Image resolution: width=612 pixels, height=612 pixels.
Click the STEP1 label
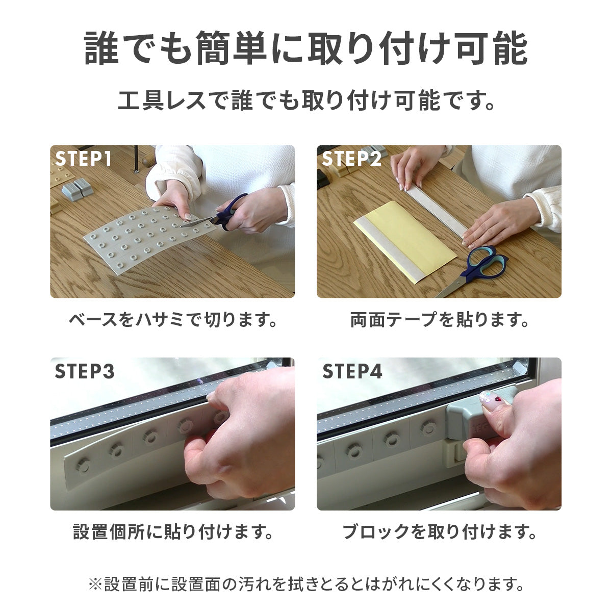pos(84,158)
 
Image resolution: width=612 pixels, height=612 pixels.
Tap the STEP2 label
pos(351,158)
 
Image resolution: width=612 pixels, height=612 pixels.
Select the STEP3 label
pos(85,371)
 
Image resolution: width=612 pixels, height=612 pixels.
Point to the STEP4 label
pos(352,371)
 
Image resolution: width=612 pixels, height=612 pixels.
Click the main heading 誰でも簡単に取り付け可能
pos(306,48)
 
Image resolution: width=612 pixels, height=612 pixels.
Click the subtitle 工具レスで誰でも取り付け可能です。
pos(306,100)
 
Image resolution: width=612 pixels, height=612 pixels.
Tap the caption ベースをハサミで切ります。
pos(173,320)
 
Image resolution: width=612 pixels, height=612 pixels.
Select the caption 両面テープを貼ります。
pos(439,320)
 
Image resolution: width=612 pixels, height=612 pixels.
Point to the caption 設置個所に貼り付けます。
pos(173,532)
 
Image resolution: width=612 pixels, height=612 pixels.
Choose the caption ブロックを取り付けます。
pos(439,532)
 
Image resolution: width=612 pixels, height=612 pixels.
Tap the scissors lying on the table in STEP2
pos(473,270)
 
